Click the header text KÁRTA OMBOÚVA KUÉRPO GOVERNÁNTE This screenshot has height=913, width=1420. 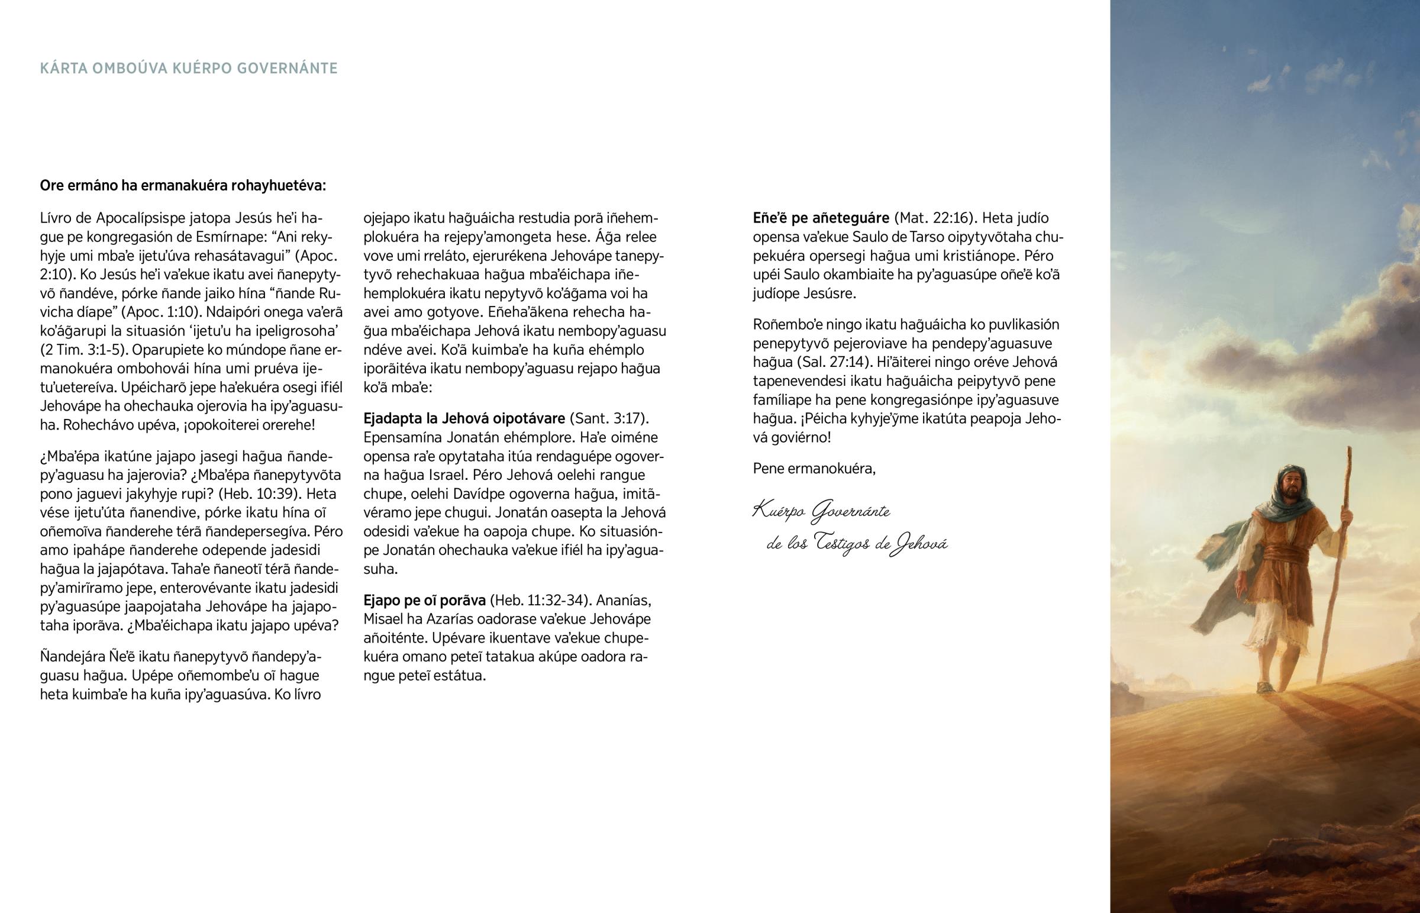(x=189, y=69)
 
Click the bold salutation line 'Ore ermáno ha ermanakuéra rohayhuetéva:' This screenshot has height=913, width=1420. (x=183, y=186)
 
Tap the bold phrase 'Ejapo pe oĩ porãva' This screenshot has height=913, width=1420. (x=424, y=601)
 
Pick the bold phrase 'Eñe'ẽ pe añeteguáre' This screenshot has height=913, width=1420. (x=821, y=218)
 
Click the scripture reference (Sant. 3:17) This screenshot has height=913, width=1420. (x=609, y=418)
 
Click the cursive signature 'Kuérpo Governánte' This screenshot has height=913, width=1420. (x=821, y=512)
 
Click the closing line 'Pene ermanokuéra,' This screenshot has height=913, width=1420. (x=814, y=469)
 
